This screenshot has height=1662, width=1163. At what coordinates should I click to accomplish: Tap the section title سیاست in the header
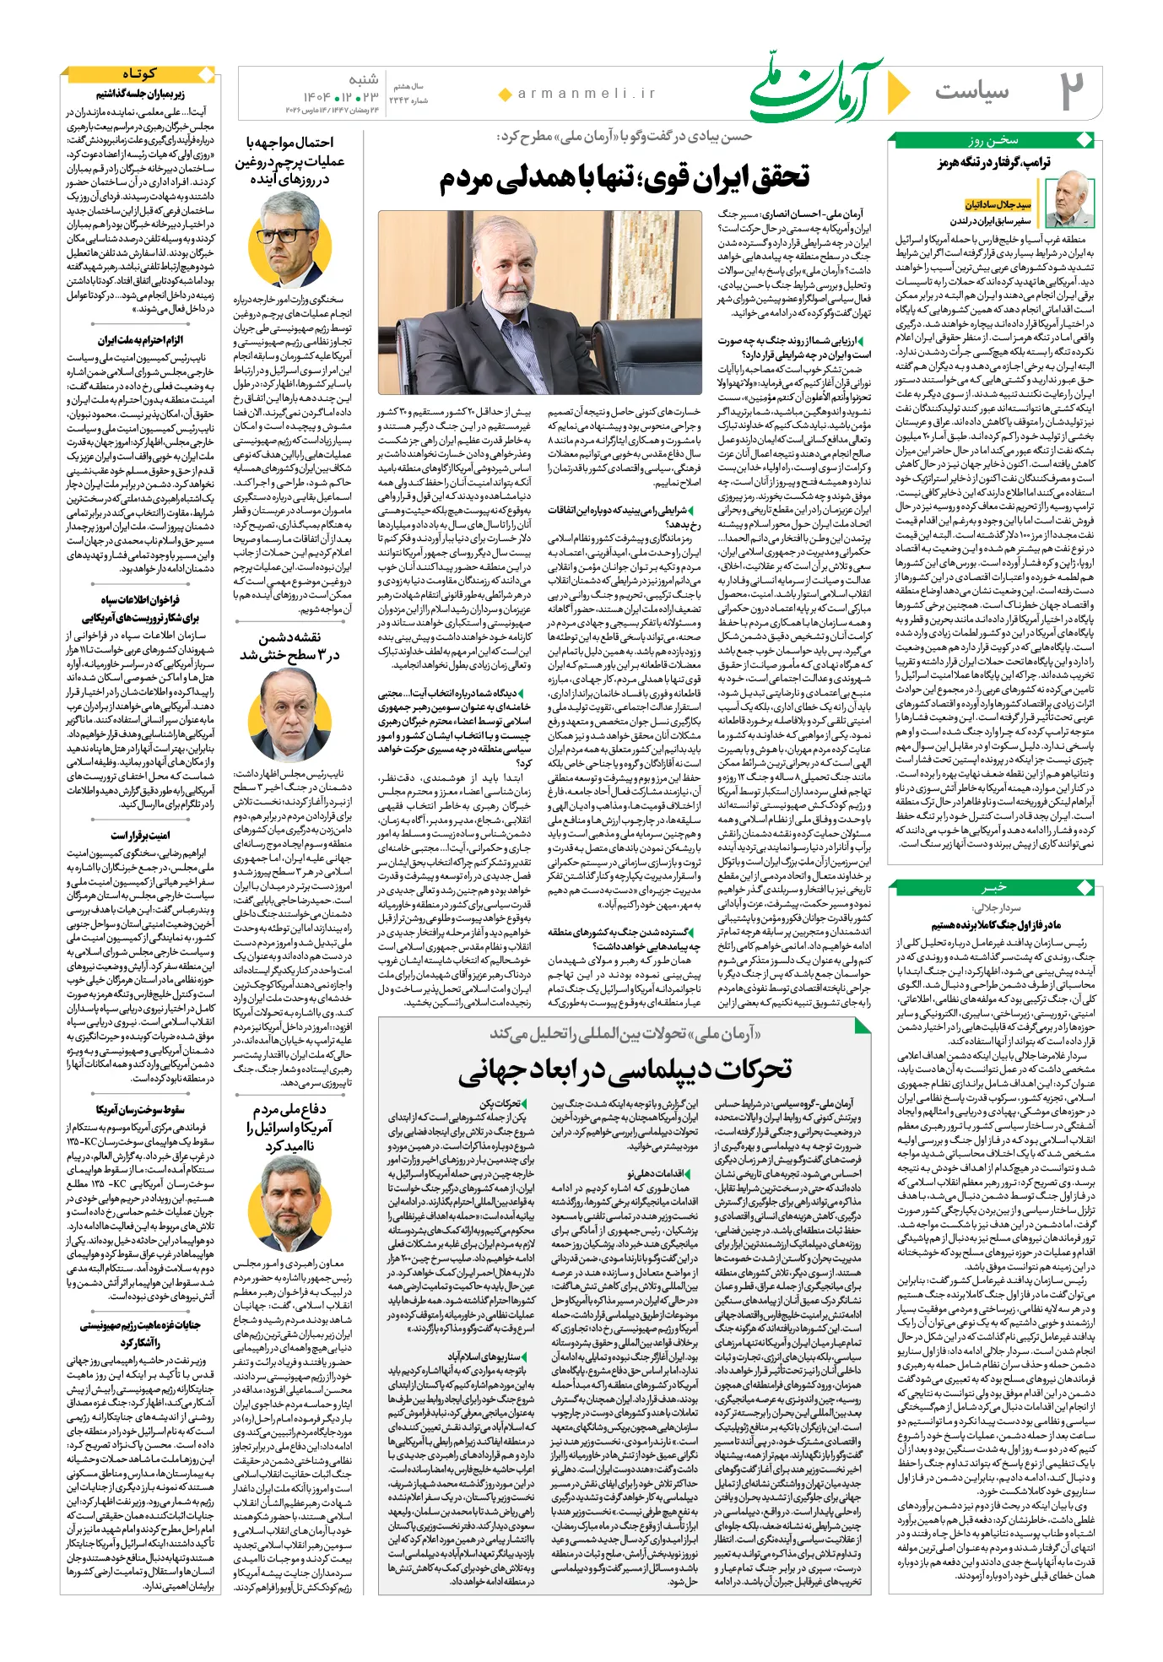971,90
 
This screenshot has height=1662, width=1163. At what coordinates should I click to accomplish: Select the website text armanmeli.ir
587,94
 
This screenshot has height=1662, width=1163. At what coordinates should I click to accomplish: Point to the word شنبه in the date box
364,80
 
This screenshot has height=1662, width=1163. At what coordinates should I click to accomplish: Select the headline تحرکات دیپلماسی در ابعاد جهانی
625,1069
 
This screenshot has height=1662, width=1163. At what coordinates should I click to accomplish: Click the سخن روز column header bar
993,141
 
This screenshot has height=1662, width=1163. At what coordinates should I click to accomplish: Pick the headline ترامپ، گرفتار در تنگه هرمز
993,162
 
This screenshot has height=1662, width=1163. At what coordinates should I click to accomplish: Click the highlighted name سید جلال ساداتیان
998,204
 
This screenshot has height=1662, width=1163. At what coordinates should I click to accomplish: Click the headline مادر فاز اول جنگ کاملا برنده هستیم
995,925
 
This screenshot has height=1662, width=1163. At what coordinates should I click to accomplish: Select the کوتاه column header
140,74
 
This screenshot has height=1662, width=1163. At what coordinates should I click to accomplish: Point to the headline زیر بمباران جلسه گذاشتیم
139,95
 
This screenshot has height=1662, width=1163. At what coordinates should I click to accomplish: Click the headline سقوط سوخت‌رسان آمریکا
139,1109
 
